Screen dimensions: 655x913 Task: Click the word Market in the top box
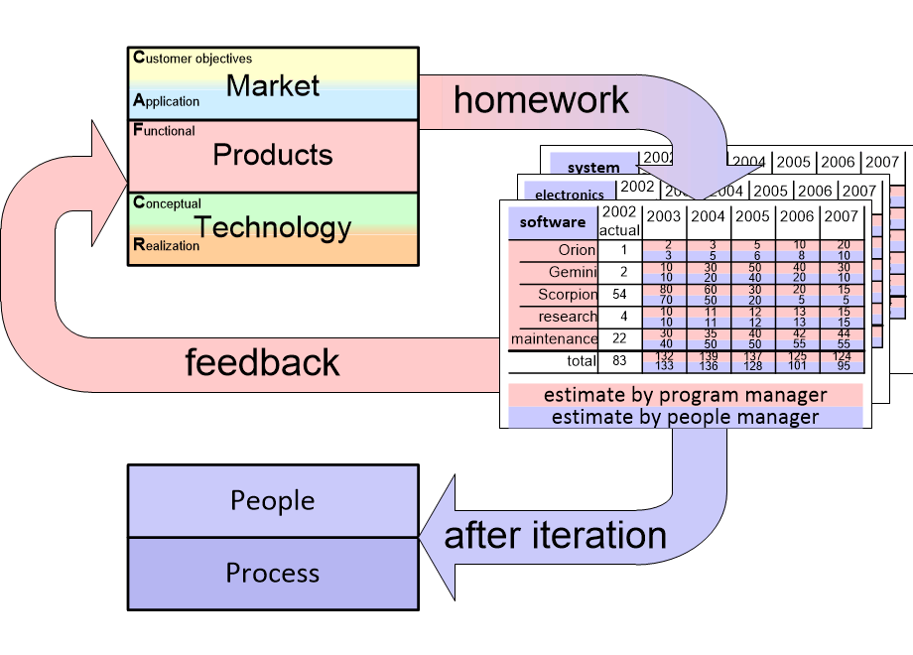pos(273,85)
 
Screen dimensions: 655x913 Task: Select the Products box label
pos(273,155)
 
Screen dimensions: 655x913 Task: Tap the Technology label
pos(273,227)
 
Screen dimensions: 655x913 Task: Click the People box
pos(273,500)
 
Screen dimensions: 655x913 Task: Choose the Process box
pos(273,574)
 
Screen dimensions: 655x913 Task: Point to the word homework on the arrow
pos(541,99)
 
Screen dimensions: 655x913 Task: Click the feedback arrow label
pos(263,362)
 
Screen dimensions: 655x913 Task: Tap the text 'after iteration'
pos(555,536)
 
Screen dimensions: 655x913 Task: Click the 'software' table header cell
pos(553,222)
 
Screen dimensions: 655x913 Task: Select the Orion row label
pos(577,251)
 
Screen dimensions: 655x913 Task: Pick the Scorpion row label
pos(568,295)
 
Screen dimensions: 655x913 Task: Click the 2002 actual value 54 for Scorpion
pos(619,295)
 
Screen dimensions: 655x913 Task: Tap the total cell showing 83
pos(619,360)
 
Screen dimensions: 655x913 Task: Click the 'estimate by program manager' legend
pos(685,395)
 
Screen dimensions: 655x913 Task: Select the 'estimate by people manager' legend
pos(685,417)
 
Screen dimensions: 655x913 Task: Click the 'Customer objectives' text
pos(193,59)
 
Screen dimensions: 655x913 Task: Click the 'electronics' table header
pos(569,195)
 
